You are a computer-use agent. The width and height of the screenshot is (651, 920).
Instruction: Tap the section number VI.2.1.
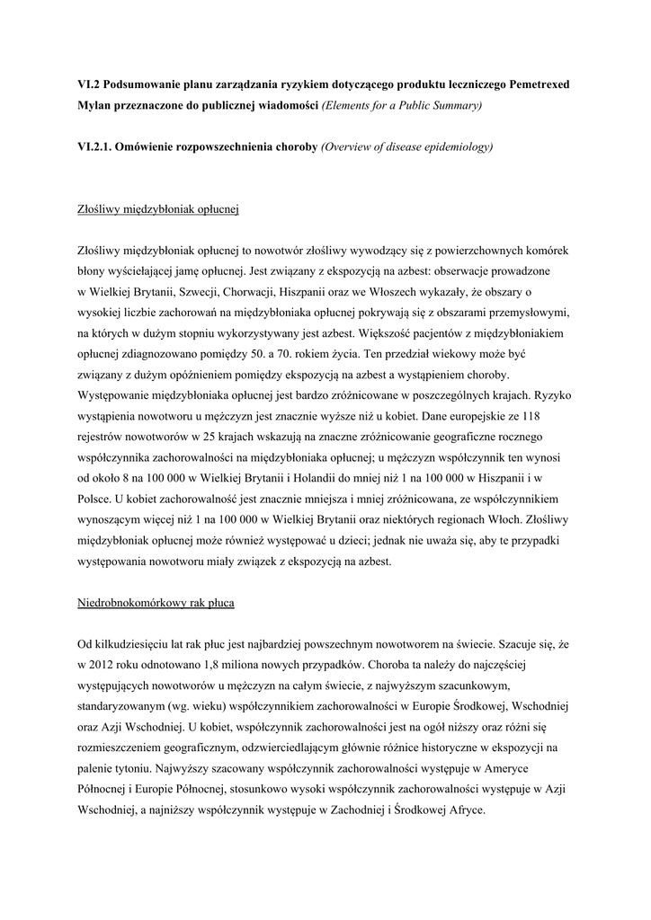click(100, 146)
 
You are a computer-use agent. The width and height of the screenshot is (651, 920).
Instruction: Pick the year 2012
click(106, 665)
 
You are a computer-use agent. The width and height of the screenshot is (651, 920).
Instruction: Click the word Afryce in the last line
click(464, 809)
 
